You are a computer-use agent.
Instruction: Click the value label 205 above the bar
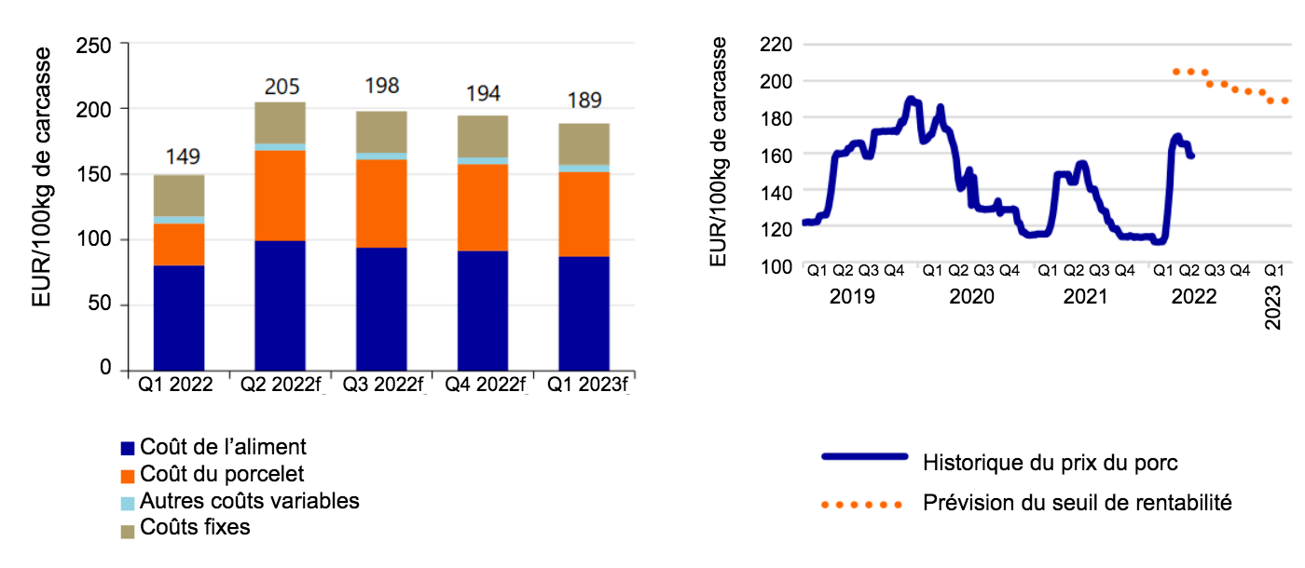[x=282, y=87]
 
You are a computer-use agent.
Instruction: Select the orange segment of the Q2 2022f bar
[x=281, y=195]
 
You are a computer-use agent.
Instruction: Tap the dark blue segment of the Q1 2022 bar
[x=179, y=317]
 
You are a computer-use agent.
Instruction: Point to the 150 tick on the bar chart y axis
[x=96, y=174]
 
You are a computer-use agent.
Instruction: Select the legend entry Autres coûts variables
[x=249, y=501]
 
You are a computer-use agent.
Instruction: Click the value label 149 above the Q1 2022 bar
[x=182, y=156]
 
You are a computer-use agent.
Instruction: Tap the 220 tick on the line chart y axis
[x=776, y=44]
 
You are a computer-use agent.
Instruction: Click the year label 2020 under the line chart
[x=970, y=296]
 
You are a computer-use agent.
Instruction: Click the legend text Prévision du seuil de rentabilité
[x=1078, y=504]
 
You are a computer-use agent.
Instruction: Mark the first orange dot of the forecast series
[x=1176, y=72]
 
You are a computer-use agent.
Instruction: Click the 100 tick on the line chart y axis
[x=776, y=266]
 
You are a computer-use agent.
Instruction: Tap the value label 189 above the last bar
[x=584, y=101]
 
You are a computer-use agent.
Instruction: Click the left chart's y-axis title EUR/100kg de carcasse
[x=41, y=207]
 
